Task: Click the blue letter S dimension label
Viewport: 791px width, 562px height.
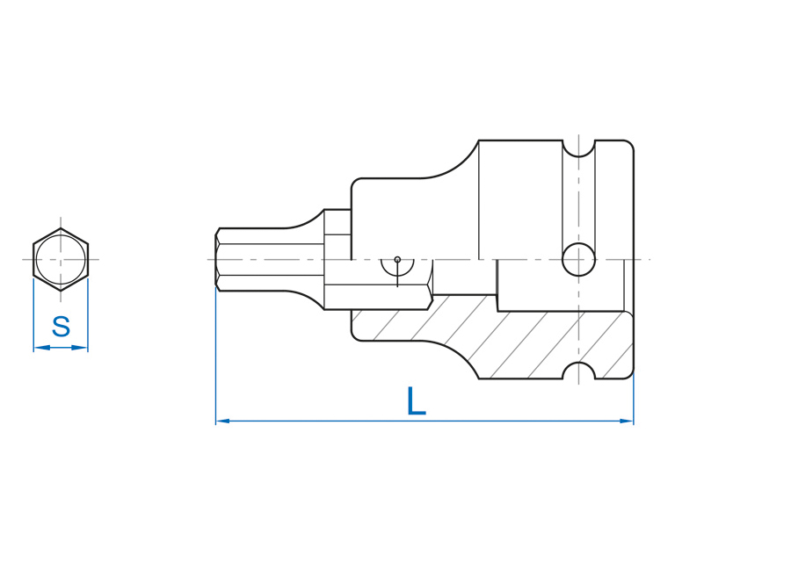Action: coord(61,327)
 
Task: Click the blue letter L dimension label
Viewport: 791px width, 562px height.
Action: coord(417,401)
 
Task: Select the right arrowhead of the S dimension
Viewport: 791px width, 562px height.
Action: coord(80,347)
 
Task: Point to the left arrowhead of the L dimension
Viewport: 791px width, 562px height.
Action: coord(223,421)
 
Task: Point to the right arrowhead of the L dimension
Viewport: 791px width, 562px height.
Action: coord(626,421)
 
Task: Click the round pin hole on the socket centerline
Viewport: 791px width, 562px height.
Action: coord(578,260)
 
